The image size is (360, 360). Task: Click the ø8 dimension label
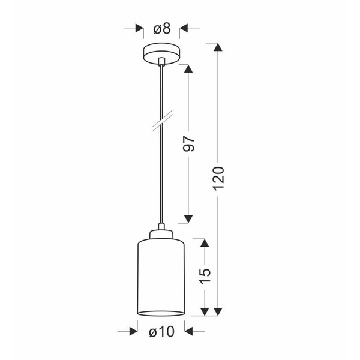click(162, 28)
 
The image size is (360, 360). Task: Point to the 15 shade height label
click(205, 275)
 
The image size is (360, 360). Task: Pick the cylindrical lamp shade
click(161, 276)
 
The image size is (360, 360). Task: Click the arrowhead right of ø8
click(184, 28)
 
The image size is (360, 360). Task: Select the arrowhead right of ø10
click(188, 331)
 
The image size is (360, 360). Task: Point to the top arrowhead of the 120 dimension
click(218, 47)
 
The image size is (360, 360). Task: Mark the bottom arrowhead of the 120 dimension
click(218, 311)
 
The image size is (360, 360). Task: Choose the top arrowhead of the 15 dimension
click(205, 243)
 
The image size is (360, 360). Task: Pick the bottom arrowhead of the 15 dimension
click(205, 311)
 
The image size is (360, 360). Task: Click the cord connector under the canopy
click(162, 61)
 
